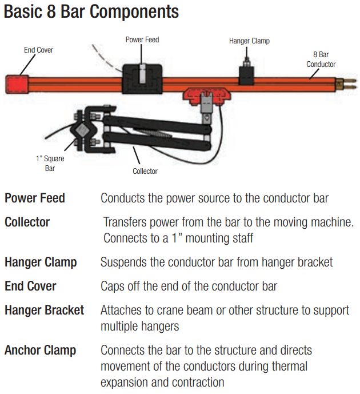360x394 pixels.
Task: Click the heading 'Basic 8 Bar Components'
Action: (91, 11)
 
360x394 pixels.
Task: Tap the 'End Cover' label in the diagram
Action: (38, 50)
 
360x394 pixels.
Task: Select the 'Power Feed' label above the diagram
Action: (142, 40)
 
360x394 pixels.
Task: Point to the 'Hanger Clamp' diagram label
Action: (249, 41)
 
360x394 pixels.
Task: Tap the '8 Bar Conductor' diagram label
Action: (321, 60)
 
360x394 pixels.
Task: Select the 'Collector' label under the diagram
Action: (145, 171)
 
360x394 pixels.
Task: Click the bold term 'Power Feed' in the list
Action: (35, 198)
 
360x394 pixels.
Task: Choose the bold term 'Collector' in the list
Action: (27, 222)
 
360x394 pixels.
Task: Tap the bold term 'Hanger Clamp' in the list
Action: (41, 262)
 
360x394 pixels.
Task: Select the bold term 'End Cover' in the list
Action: (30, 286)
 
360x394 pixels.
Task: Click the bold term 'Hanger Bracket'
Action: (44, 310)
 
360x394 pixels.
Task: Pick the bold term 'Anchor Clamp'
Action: (40, 350)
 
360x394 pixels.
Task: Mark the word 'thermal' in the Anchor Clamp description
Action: (288, 366)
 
